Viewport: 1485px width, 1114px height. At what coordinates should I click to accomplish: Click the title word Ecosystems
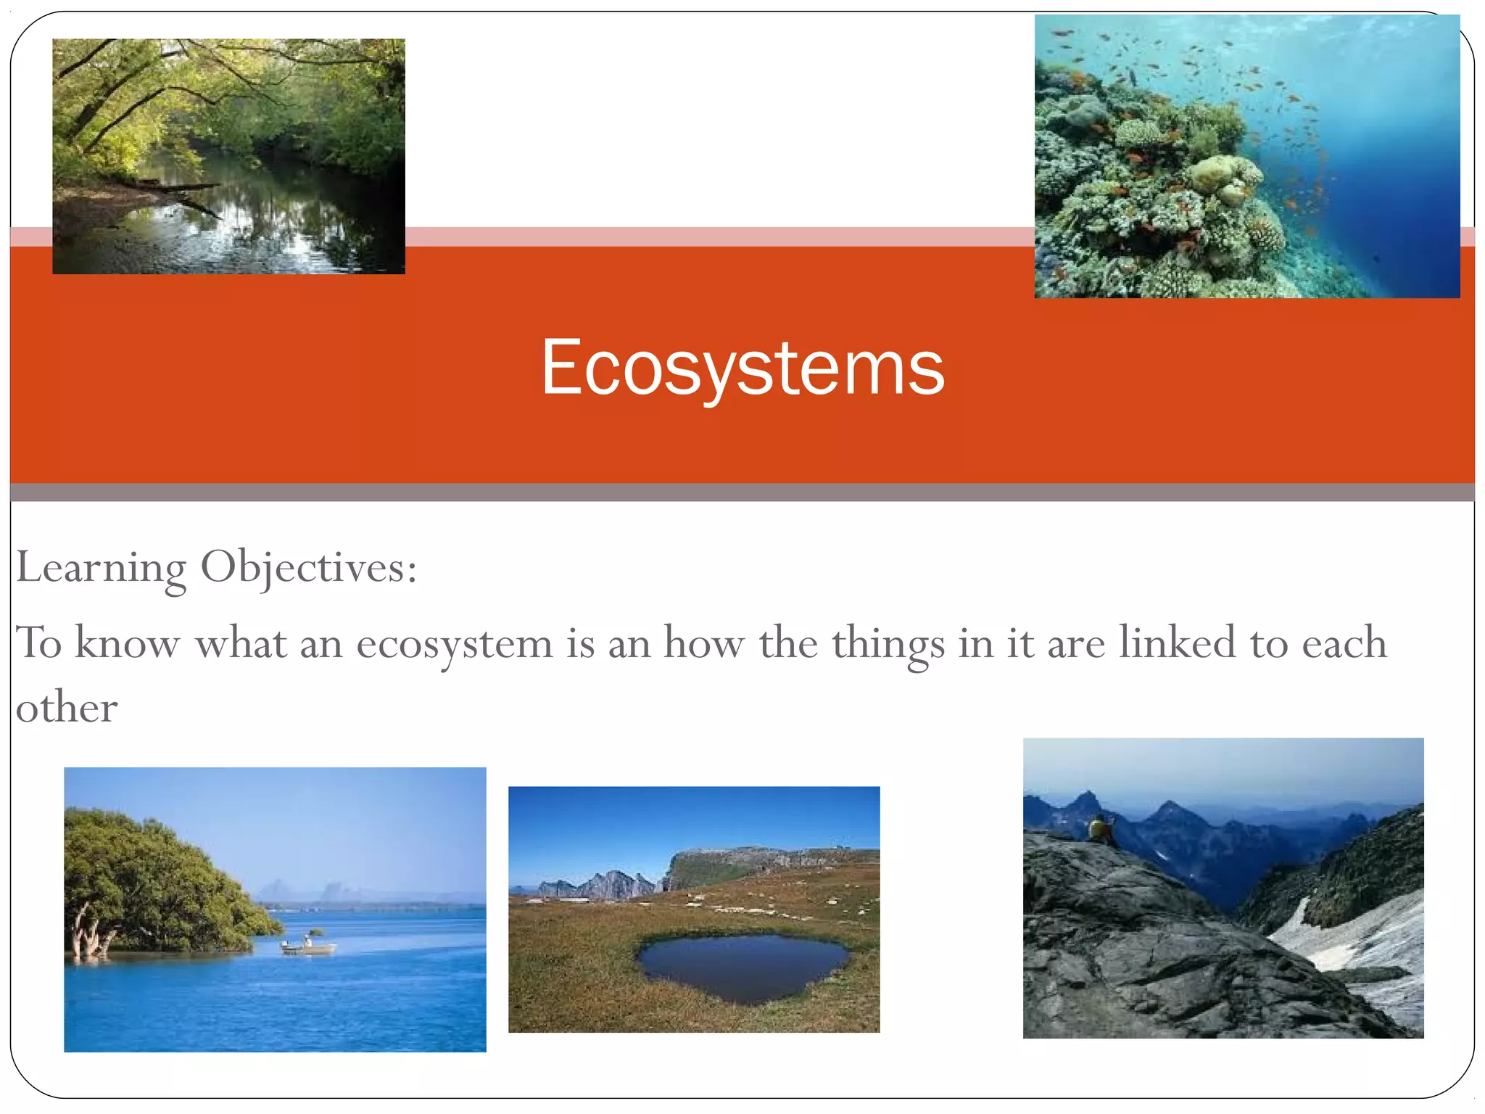(742, 368)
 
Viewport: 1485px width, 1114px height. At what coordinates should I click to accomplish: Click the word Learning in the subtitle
(101, 568)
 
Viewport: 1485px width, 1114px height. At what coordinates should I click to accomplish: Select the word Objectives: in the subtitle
(309, 568)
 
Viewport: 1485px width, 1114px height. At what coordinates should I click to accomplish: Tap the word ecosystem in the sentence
(454, 644)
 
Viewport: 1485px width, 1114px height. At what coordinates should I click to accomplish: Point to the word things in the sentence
(888, 644)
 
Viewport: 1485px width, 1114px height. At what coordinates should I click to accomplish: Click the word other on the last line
(67, 708)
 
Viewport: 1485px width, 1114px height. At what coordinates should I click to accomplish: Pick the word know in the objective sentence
(127, 643)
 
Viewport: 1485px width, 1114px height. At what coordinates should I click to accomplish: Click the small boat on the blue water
(308, 946)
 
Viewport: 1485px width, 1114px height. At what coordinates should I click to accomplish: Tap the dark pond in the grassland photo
(743, 967)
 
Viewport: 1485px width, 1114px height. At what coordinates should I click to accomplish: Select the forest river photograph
(228, 156)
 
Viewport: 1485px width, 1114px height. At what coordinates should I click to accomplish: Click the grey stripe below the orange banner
(742, 493)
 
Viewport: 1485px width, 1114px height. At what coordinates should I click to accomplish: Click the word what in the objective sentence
(241, 643)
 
